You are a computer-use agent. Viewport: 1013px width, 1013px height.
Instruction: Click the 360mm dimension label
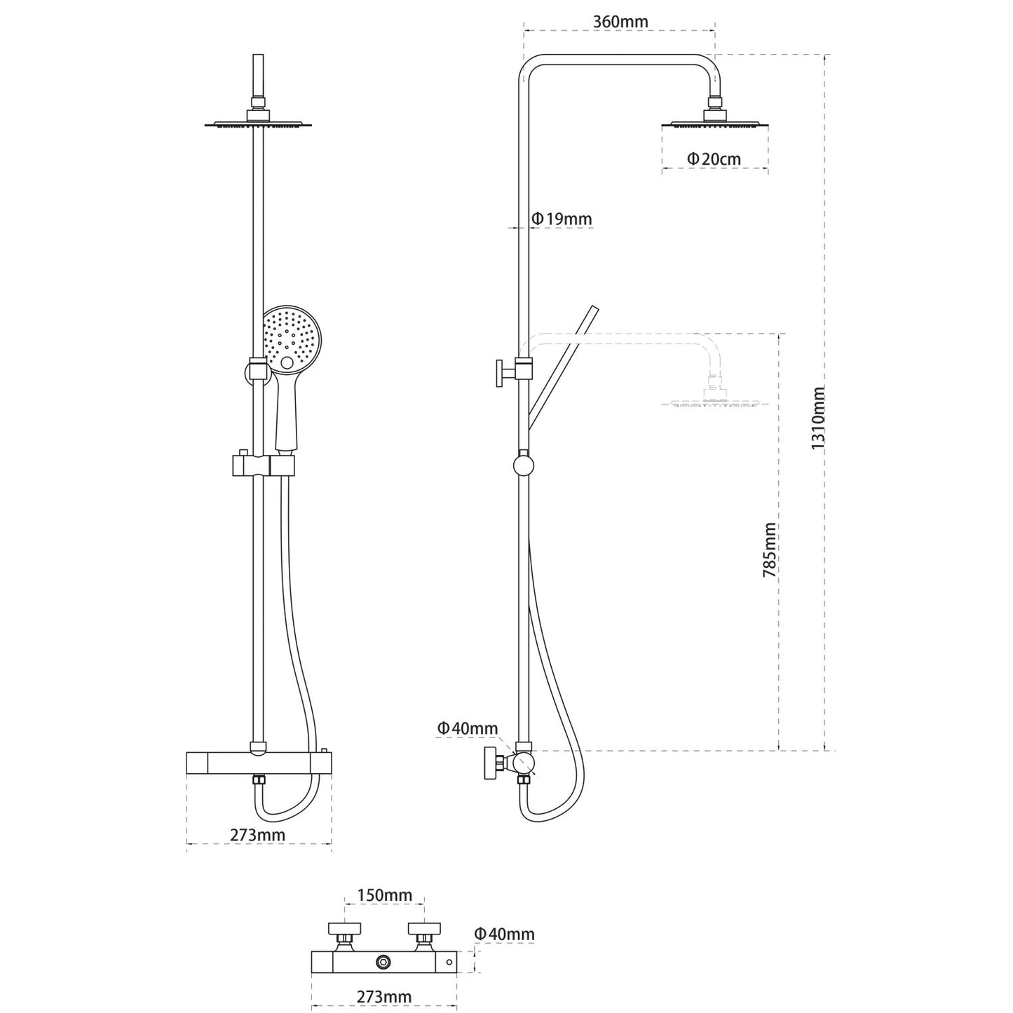coord(620,22)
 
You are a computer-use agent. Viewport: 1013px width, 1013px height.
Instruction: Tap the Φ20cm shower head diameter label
coord(714,159)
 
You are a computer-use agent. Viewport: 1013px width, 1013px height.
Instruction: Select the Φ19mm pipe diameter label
coord(562,219)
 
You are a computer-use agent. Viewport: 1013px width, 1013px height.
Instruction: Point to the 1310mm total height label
coord(817,419)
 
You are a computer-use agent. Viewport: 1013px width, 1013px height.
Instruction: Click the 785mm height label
coord(770,550)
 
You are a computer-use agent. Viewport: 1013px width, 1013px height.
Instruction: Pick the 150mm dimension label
coord(384,895)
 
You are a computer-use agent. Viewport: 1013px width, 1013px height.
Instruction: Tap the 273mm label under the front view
coord(257,835)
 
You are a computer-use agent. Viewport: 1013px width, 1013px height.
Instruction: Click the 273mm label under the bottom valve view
coord(383,997)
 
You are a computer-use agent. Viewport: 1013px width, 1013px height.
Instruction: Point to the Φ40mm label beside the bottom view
coord(504,934)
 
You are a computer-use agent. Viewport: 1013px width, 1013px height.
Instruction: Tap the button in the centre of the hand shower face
coord(287,363)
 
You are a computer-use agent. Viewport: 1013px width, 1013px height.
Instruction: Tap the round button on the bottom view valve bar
coord(383,962)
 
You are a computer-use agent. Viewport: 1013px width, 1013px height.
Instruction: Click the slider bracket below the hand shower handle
coord(262,465)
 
